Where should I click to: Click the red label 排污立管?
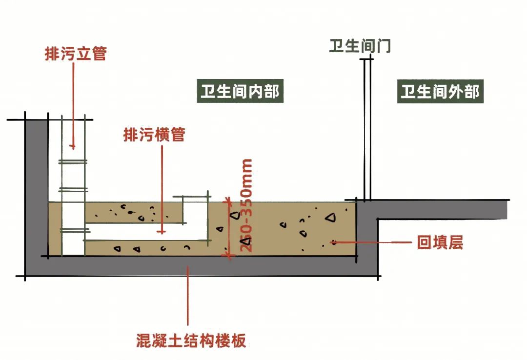click(x=75, y=54)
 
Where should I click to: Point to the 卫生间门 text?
click(x=360, y=47)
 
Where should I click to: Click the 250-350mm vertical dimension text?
click(x=247, y=205)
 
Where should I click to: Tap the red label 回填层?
click(x=439, y=242)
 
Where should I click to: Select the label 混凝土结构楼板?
click(x=191, y=340)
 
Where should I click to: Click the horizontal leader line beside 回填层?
click(x=371, y=241)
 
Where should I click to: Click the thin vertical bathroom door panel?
click(x=367, y=127)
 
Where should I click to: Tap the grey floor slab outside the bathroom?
click(x=439, y=210)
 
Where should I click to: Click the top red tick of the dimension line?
click(x=227, y=200)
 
